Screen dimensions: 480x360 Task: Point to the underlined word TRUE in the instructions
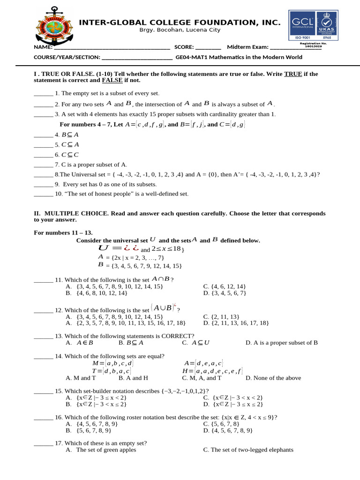pos(293,74)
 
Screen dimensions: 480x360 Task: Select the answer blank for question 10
pos(43,194)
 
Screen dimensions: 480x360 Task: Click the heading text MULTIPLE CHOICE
pos(75,213)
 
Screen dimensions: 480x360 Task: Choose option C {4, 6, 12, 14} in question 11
pos(225,286)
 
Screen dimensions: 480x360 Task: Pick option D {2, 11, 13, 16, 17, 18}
pos(236,323)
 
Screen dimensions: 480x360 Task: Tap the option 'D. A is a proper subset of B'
pos(281,343)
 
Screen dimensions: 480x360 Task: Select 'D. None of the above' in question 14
pos(273,378)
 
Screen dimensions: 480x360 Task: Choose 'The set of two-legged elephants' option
pos(248,450)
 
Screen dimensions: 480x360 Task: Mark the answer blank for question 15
pos(43,391)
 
